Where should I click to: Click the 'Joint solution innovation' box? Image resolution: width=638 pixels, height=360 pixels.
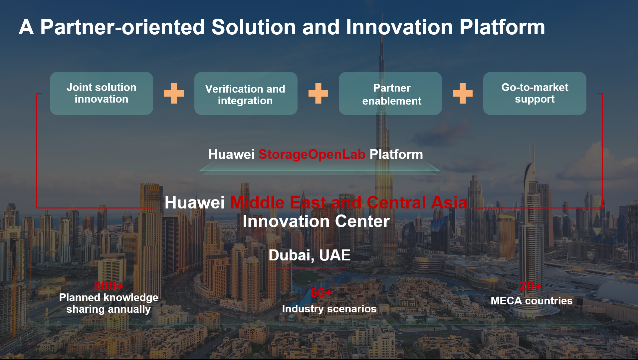(x=102, y=94)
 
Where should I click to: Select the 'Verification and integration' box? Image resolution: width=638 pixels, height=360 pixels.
(x=246, y=94)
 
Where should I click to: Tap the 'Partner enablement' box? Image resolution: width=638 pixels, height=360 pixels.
(x=390, y=94)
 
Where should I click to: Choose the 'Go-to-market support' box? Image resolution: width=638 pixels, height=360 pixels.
(x=535, y=94)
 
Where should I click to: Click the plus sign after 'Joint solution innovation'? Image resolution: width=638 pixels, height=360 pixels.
(x=174, y=94)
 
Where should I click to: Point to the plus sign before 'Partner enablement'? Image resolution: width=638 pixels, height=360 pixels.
(x=318, y=94)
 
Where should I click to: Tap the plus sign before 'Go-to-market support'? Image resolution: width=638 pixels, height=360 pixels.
(x=463, y=94)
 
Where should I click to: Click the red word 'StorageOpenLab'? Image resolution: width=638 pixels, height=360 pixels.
(x=312, y=155)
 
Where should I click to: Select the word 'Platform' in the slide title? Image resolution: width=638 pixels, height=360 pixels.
(x=502, y=27)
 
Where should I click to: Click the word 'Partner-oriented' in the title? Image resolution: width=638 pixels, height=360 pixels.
(x=122, y=27)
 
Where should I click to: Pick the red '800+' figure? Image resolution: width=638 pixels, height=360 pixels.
(x=108, y=286)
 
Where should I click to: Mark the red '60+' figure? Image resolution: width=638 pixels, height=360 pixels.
(x=321, y=293)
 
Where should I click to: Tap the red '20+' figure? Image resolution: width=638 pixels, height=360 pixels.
(x=530, y=286)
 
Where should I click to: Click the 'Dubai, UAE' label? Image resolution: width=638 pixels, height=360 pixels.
(x=310, y=255)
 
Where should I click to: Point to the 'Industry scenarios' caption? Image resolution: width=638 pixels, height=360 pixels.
(x=329, y=309)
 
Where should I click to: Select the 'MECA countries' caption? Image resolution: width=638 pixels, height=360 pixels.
(x=532, y=301)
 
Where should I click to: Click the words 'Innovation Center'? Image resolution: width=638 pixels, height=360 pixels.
(x=316, y=221)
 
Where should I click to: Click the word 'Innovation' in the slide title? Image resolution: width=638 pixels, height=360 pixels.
(x=399, y=27)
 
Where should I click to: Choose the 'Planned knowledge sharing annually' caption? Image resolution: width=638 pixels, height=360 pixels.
(x=108, y=303)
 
